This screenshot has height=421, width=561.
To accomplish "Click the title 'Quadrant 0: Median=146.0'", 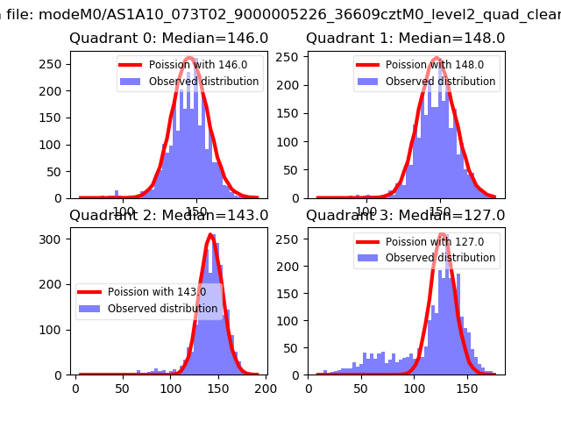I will (x=168, y=39).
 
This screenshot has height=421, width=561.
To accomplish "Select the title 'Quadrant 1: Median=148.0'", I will (x=405, y=39).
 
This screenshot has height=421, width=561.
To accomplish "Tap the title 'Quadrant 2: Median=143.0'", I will (x=168, y=215).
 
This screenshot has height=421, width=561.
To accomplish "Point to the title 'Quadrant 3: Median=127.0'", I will (x=405, y=215).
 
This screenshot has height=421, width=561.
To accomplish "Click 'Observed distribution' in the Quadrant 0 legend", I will (x=203, y=82).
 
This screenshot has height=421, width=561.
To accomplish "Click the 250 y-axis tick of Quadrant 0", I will (x=53, y=64).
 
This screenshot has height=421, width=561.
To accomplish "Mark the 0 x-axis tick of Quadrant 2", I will (x=75, y=387).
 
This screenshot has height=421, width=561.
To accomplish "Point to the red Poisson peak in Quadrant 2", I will (x=210, y=235).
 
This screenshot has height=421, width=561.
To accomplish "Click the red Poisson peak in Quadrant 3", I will (x=443, y=235).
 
